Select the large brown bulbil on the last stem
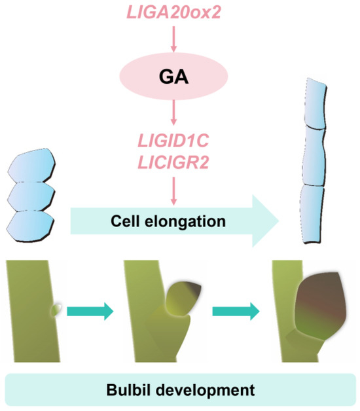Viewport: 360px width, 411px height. point(321,312)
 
